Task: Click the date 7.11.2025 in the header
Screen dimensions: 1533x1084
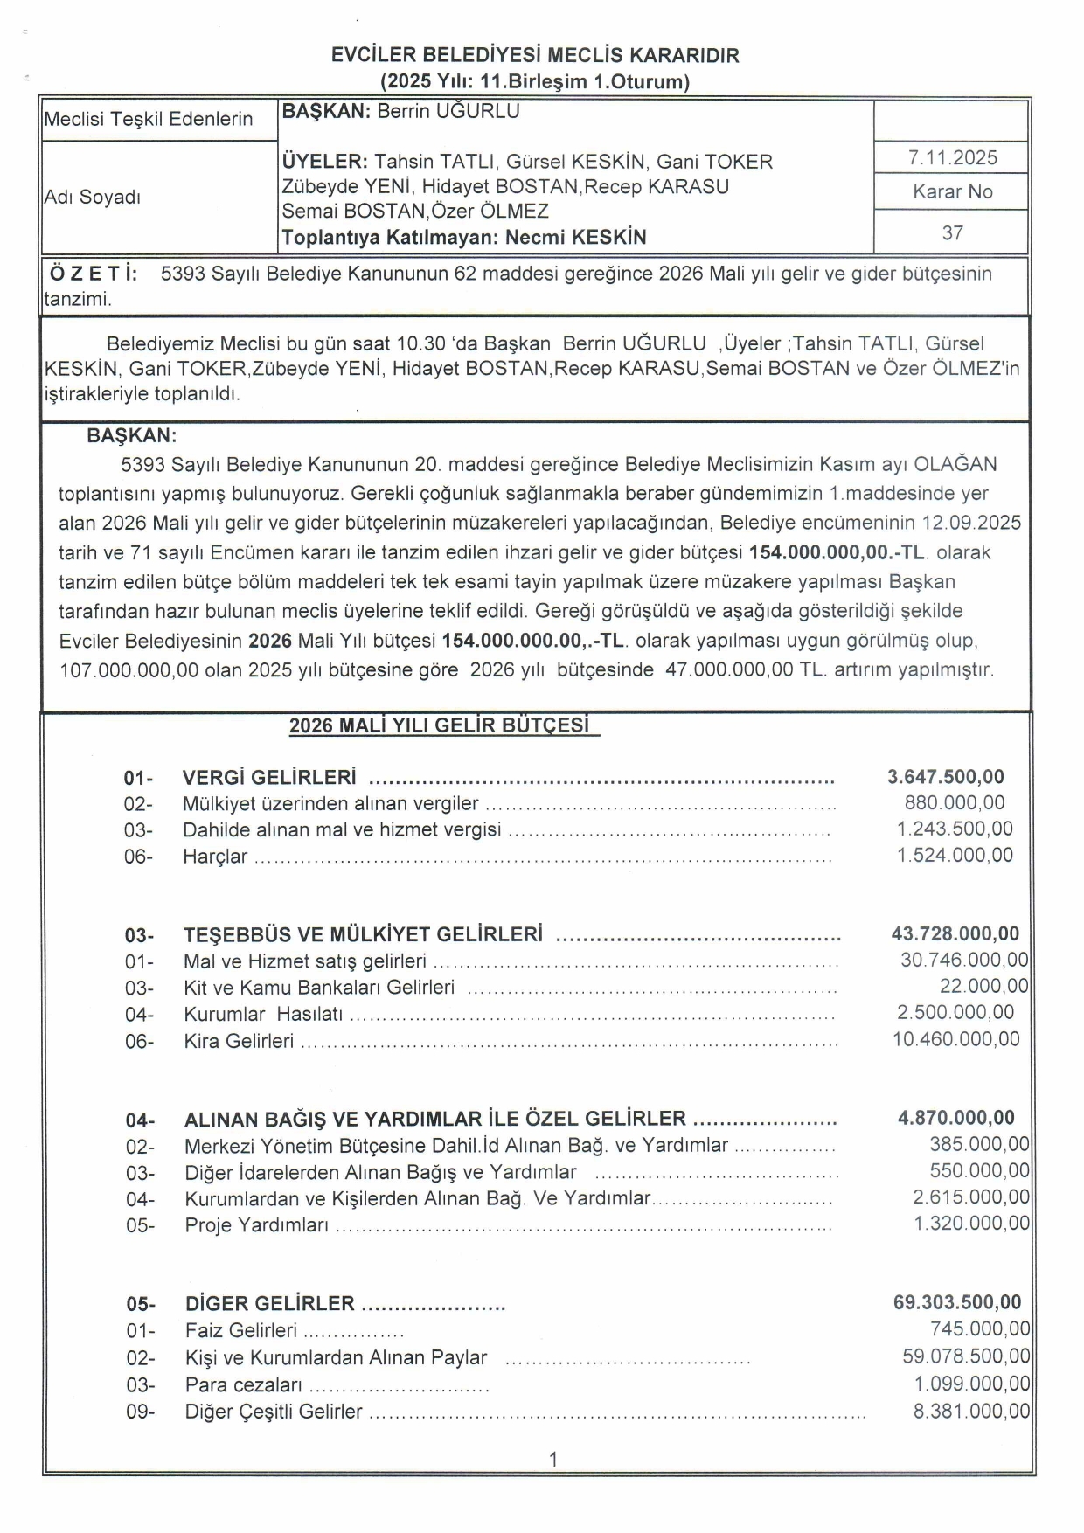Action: (952, 158)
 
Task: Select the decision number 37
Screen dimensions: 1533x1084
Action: (952, 233)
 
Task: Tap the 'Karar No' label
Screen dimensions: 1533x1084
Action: (952, 192)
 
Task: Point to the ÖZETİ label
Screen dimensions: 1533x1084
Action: (94, 274)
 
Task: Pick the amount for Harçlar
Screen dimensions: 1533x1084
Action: (955, 855)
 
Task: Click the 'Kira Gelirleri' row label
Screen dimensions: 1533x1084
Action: (239, 1041)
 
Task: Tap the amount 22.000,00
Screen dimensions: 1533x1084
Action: (983, 986)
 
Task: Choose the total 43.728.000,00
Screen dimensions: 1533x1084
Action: (955, 933)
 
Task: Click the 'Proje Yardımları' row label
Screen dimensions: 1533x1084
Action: (256, 1225)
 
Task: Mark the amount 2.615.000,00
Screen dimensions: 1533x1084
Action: (971, 1197)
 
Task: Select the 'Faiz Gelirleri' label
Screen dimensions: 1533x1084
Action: (240, 1330)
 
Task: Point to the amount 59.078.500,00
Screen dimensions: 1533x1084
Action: (966, 1356)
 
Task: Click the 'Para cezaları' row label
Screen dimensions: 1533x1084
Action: (243, 1385)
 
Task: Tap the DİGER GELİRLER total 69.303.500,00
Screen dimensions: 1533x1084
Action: (956, 1302)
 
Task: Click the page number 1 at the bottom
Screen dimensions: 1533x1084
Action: (552, 1459)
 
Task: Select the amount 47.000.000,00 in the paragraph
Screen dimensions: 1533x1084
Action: (729, 670)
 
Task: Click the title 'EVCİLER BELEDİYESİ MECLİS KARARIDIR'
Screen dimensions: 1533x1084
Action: (535, 55)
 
